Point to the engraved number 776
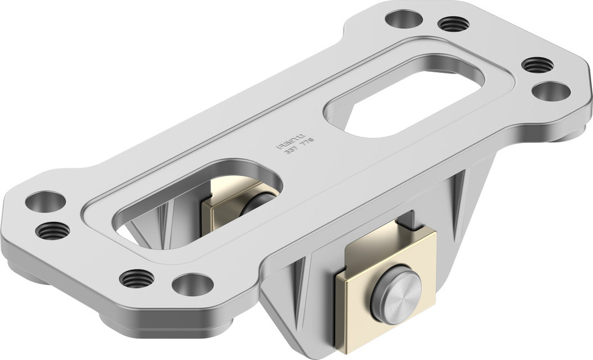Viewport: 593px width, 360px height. tap(307, 142)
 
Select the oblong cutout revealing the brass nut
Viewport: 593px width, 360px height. tap(196, 202)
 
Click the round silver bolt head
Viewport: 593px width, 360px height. tap(396, 294)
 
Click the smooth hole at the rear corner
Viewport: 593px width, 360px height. tap(403, 18)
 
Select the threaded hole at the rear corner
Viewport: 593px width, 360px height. tap(453, 24)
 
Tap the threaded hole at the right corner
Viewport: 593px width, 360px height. tap(537, 64)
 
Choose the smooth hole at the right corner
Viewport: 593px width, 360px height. tap(551, 91)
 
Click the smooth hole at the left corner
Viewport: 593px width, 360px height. tap(45, 202)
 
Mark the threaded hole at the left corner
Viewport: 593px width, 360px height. tap(52, 230)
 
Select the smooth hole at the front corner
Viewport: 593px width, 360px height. tap(193, 284)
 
